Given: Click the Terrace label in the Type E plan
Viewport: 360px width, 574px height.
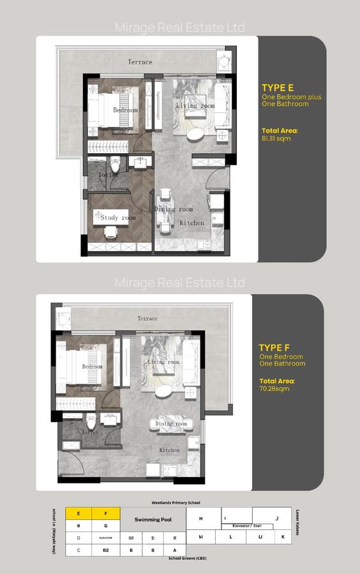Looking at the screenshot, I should point(140,62).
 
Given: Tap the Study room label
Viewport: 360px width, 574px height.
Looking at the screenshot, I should point(119,218).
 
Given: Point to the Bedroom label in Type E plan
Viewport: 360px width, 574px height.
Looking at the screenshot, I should point(125,110).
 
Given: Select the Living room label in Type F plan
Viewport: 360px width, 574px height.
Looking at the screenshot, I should point(163,362).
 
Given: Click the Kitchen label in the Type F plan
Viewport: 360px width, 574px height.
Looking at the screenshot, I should point(169,450).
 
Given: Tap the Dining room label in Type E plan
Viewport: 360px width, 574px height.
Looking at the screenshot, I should point(173,209).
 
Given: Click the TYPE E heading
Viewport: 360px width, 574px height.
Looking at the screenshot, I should point(277,88).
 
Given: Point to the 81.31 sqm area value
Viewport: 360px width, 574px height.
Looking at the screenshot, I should point(273,137).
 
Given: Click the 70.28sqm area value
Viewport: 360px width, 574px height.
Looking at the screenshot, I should point(275,388).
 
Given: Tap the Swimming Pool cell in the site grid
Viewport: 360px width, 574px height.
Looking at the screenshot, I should point(153,520).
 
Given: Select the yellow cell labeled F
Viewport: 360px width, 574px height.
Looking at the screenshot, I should point(106,513).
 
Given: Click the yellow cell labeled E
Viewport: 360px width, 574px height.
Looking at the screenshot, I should point(79,513).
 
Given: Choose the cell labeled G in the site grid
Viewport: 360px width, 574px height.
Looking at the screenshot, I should point(106,526).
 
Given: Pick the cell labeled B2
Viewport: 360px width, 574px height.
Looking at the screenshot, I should point(106,550).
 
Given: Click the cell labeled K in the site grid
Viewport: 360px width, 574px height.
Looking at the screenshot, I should point(283,538).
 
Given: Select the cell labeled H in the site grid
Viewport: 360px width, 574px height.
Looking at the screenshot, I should point(201,519).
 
